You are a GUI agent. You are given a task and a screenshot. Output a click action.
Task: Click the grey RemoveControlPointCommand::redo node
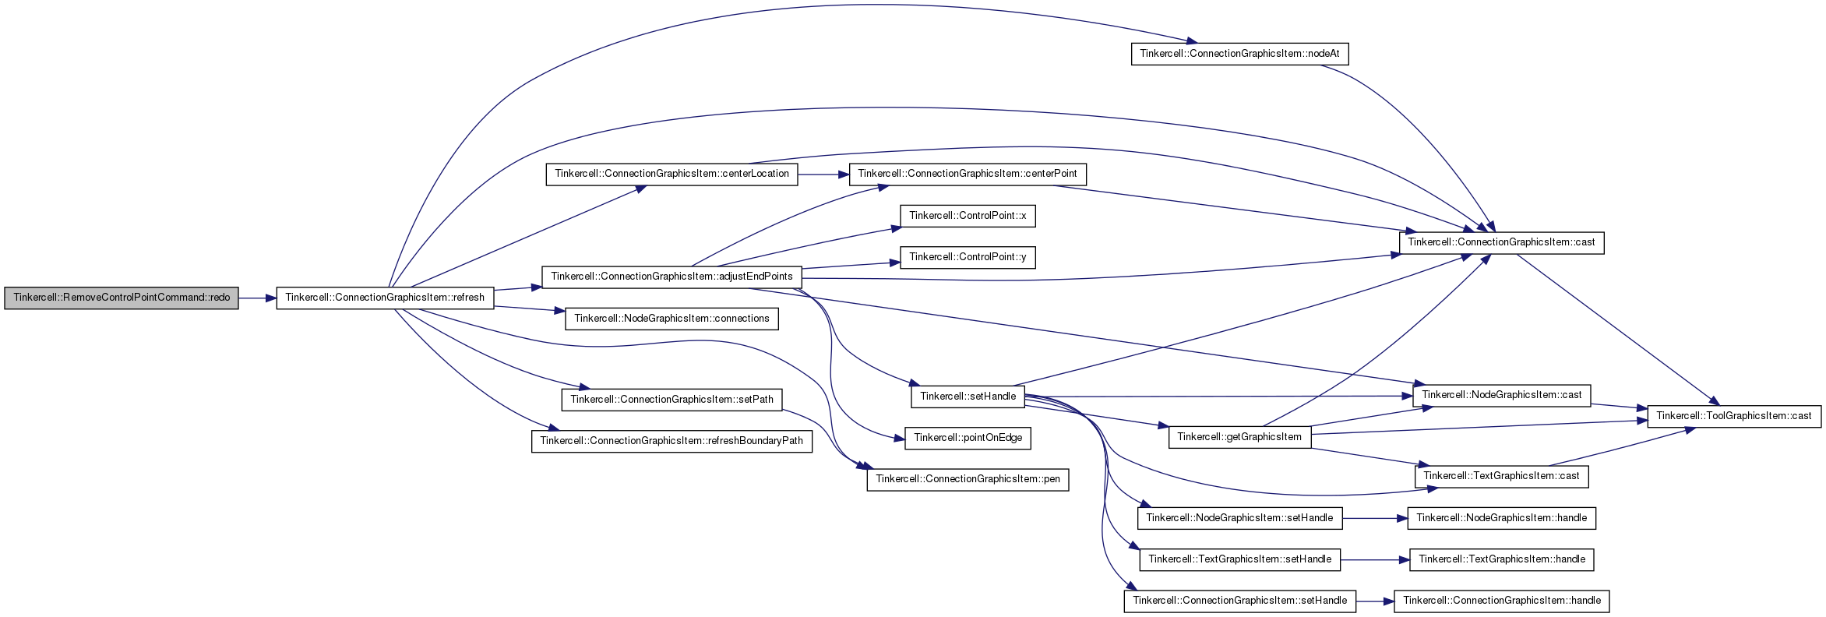[x=122, y=298]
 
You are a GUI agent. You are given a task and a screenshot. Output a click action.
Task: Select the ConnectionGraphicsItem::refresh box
[x=385, y=298]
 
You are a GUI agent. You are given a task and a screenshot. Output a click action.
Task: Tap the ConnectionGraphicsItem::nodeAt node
[x=1239, y=54]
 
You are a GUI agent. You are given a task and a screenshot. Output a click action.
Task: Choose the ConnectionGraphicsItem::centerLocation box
[x=672, y=174]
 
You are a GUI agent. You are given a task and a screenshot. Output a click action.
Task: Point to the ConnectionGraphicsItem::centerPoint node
[x=968, y=174]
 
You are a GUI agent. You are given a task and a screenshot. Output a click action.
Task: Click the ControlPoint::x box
[x=968, y=216]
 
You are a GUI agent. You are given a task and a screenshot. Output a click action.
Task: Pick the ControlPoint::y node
[x=968, y=257]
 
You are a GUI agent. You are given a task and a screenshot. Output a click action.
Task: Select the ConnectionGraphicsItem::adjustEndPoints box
[x=672, y=277]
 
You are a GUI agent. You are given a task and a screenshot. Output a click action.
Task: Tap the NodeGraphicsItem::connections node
[x=672, y=319]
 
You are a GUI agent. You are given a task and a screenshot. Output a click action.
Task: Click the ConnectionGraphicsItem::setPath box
[x=672, y=400]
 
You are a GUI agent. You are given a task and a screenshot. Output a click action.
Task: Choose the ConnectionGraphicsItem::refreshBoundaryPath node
[x=672, y=441]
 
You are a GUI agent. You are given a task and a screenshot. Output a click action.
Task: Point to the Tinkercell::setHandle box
[x=968, y=397]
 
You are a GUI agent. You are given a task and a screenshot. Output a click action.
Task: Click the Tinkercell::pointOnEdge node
[x=968, y=438]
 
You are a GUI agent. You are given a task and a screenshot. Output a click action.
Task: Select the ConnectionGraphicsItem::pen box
[x=968, y=479]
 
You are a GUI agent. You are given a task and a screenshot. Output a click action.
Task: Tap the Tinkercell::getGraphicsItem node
[x=1239, y=437]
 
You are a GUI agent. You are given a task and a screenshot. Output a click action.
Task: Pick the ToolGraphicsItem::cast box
[x=1734, y=416]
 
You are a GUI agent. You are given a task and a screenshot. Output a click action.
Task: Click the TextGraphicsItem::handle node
[x=1502, y=559]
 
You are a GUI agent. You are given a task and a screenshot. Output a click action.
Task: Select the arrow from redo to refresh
[x=258, y=298]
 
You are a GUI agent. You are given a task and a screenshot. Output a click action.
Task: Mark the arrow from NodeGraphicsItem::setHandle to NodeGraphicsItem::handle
[x=1375, y=518]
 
